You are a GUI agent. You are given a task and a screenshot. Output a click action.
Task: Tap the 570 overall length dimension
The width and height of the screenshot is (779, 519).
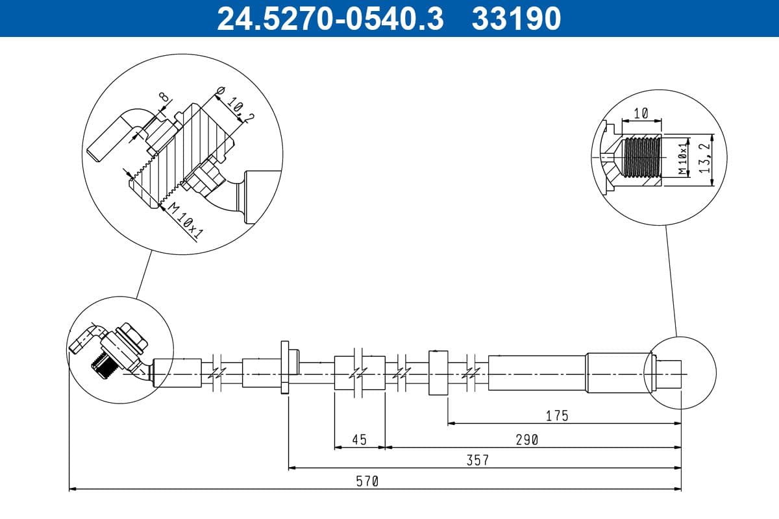[367, 481]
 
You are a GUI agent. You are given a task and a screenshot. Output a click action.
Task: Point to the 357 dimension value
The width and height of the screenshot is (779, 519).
[477, 460]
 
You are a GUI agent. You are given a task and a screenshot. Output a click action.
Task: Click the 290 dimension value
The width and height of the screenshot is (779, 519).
[527, 439]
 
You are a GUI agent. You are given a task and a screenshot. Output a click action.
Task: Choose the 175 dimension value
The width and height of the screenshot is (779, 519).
[557, 415]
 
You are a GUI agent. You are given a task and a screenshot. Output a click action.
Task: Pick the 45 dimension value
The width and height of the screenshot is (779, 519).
[359, 439]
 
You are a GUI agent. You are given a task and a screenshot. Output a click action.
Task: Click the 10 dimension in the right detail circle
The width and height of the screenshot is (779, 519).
[641, 113]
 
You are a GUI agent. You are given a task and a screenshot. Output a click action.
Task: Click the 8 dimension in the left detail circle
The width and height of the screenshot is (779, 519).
[164, 97]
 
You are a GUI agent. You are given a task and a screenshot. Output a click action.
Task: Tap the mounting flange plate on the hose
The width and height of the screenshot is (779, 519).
[285, 367]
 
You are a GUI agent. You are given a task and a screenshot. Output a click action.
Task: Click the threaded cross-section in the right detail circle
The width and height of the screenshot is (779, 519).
[641, 158]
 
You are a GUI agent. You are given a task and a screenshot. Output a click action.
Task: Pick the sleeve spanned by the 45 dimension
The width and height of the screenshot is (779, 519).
[359, 373]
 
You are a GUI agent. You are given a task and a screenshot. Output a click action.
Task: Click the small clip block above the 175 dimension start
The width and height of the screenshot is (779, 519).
[438, 373]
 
